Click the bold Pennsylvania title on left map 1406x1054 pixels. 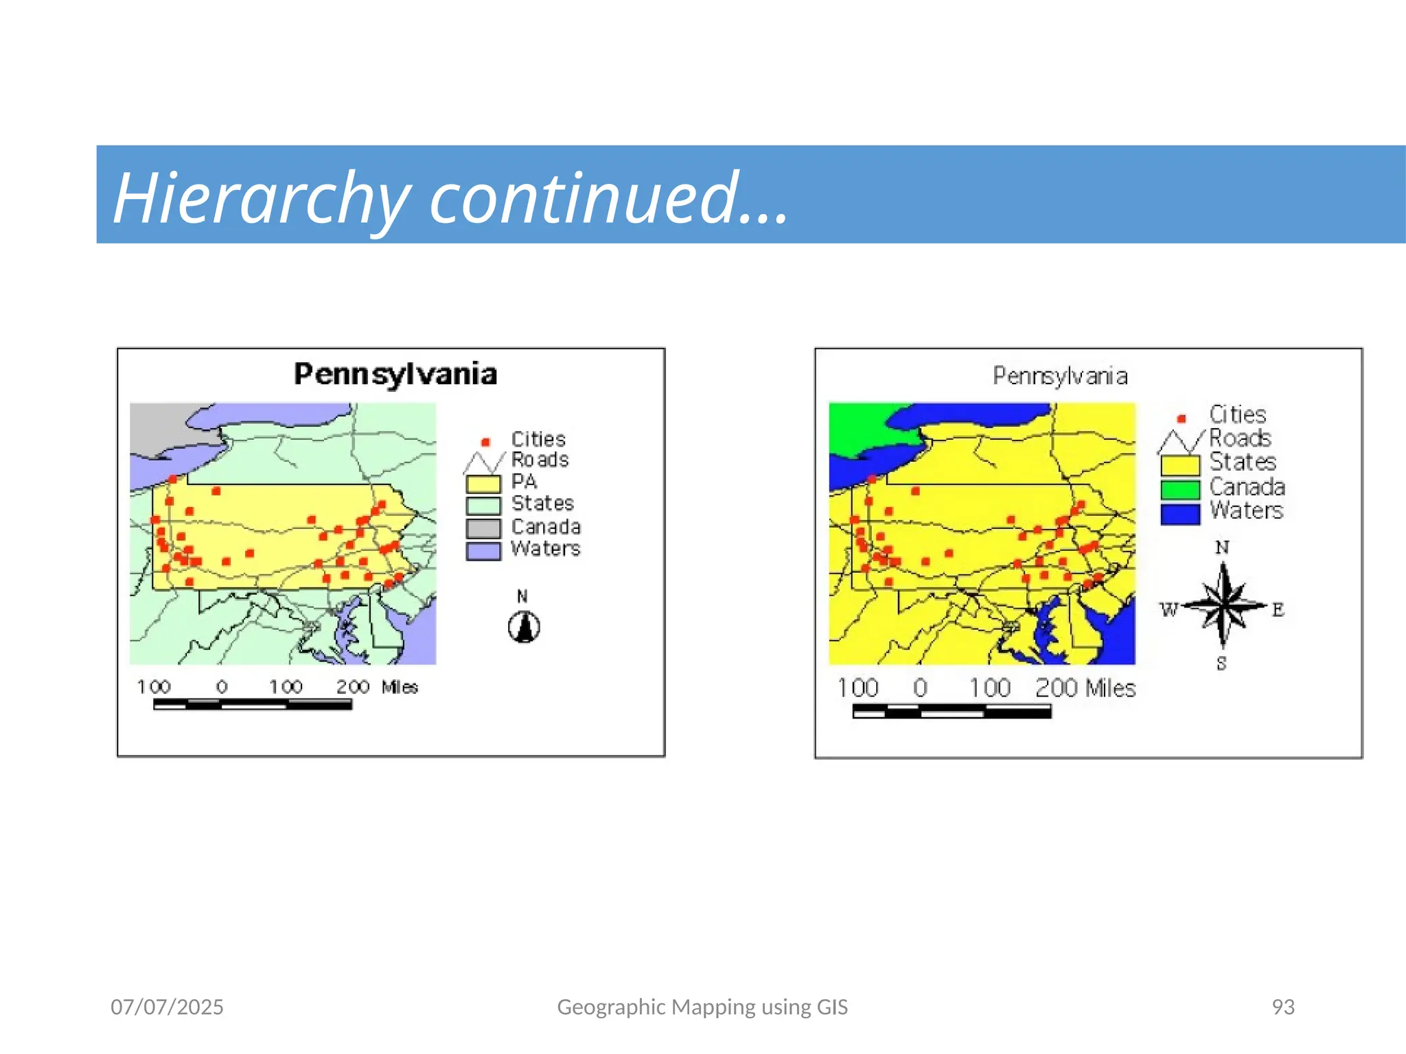pyautogui.click(x=395, y=374)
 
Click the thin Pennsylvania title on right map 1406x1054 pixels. pyautogui.click(x=1060, y=376)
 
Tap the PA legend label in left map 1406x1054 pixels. pyautogui.click(x=524, y=481)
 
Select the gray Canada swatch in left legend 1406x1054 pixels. pyautogui.click(x=483, y=528)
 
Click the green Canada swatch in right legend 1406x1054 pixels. pyautogui.click(x=1180, y=489)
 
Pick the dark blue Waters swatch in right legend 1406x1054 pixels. pyautogui.click(x=1180, y=514)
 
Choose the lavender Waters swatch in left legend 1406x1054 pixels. pyautogui.click(x=483, y=551)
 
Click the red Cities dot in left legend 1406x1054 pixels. pyautogui.click(x=485, y=442)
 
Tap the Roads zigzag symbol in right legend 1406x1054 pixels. pyautogui.click(x=1180, y=441)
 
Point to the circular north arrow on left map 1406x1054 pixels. pyautogui.click(x=524, y=626)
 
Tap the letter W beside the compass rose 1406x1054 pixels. pyautogui.click(x=1168, y=609)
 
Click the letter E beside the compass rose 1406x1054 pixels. pyautogui.click(x=1278, y=609)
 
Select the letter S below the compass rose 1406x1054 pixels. pyautogui.click(x=1221, y=664)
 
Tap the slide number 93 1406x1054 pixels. pyautogui.click(x=1282, y=1007)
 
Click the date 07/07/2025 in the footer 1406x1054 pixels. pyautogui.click(x=167, y=1007)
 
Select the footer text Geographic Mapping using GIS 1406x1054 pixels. pyautogui.click(x=702, y=1007)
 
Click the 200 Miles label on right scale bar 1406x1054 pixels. pyautogui.click(x=1085, y=688)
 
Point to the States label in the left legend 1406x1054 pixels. pyautogui.click(x=542, y=503)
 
